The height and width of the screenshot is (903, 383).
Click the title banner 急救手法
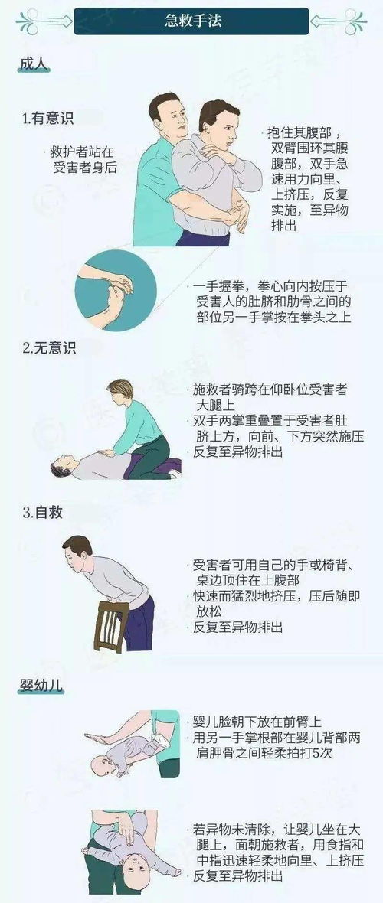[191, 22]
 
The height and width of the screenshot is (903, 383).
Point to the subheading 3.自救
[41, 512]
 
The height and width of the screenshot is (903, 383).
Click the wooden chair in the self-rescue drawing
[110, 623]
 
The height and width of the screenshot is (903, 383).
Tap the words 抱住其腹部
[298, 132]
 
